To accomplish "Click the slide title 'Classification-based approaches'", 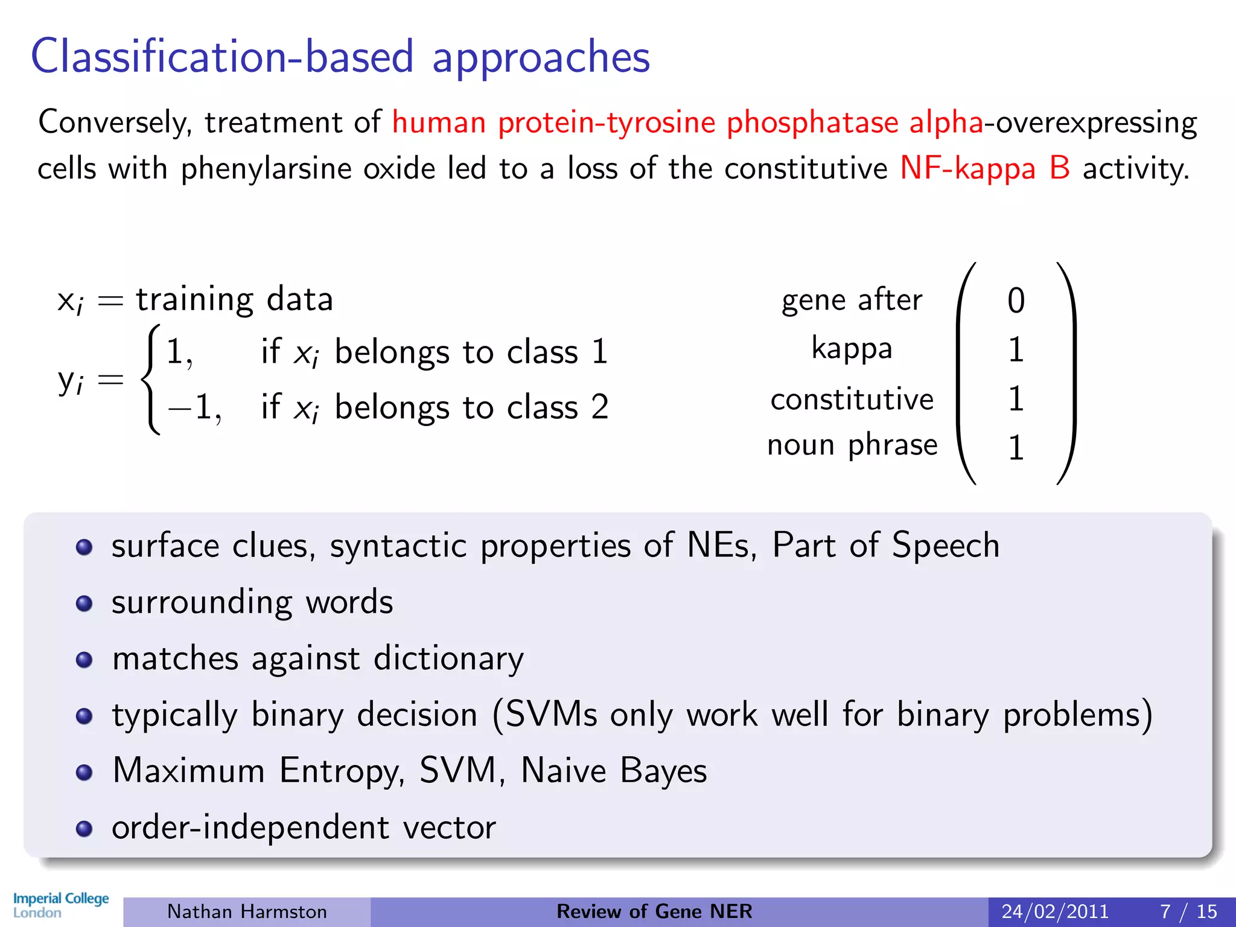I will [x=340, y=56].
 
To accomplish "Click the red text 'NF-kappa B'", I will [x=984, y=168].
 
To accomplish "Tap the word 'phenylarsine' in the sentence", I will [x=266, y=168].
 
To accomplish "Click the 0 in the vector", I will [x=1016, y=301].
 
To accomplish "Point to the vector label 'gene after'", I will [x=852, y=300].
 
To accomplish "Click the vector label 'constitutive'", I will [x=852, y=399].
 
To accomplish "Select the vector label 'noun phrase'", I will [x=852, y=445].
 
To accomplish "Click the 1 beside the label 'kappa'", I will [x=1016, y=349].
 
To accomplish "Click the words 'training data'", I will [x=234, y=299].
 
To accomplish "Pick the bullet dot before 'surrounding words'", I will [x=84, y=604].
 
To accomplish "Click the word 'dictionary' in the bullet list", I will [x=448, y=658].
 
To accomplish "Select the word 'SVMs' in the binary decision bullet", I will [x=551, y=715].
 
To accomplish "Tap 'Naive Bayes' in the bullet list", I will [x=613, y=771].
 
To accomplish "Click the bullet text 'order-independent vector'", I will [x=304, y=827].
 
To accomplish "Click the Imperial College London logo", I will [x=60, y=905].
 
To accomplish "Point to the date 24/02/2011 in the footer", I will [x=1055, y=911].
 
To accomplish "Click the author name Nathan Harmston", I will [x=247, y=911].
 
